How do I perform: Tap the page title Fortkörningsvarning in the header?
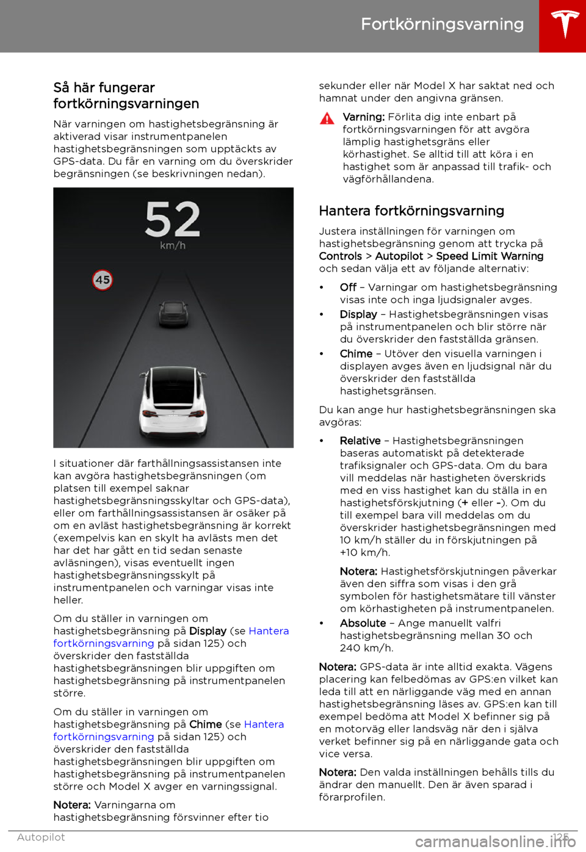[x=442, y=24]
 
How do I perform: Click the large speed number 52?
[x=173, y=219]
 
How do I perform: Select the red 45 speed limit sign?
[x=103, y=280]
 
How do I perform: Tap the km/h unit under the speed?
[x=173, y=245]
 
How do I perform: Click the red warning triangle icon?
[x=328, y=118]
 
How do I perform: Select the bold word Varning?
[x=363, y=117]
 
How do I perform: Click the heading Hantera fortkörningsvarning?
[x=411, y=211]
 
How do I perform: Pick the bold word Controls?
[x=341, y=256]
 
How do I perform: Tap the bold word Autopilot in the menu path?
[x=399, y=256]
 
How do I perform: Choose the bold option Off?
[x=348, y=287]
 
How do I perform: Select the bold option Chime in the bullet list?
[x=356, y=354]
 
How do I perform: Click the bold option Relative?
[x=360, y=441]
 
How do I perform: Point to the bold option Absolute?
[x=363, y=623]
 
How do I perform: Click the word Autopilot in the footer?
[x=41, y=837]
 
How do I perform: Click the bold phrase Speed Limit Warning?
[x=490, y=256]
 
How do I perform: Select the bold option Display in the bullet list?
[x=358, y=314]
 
